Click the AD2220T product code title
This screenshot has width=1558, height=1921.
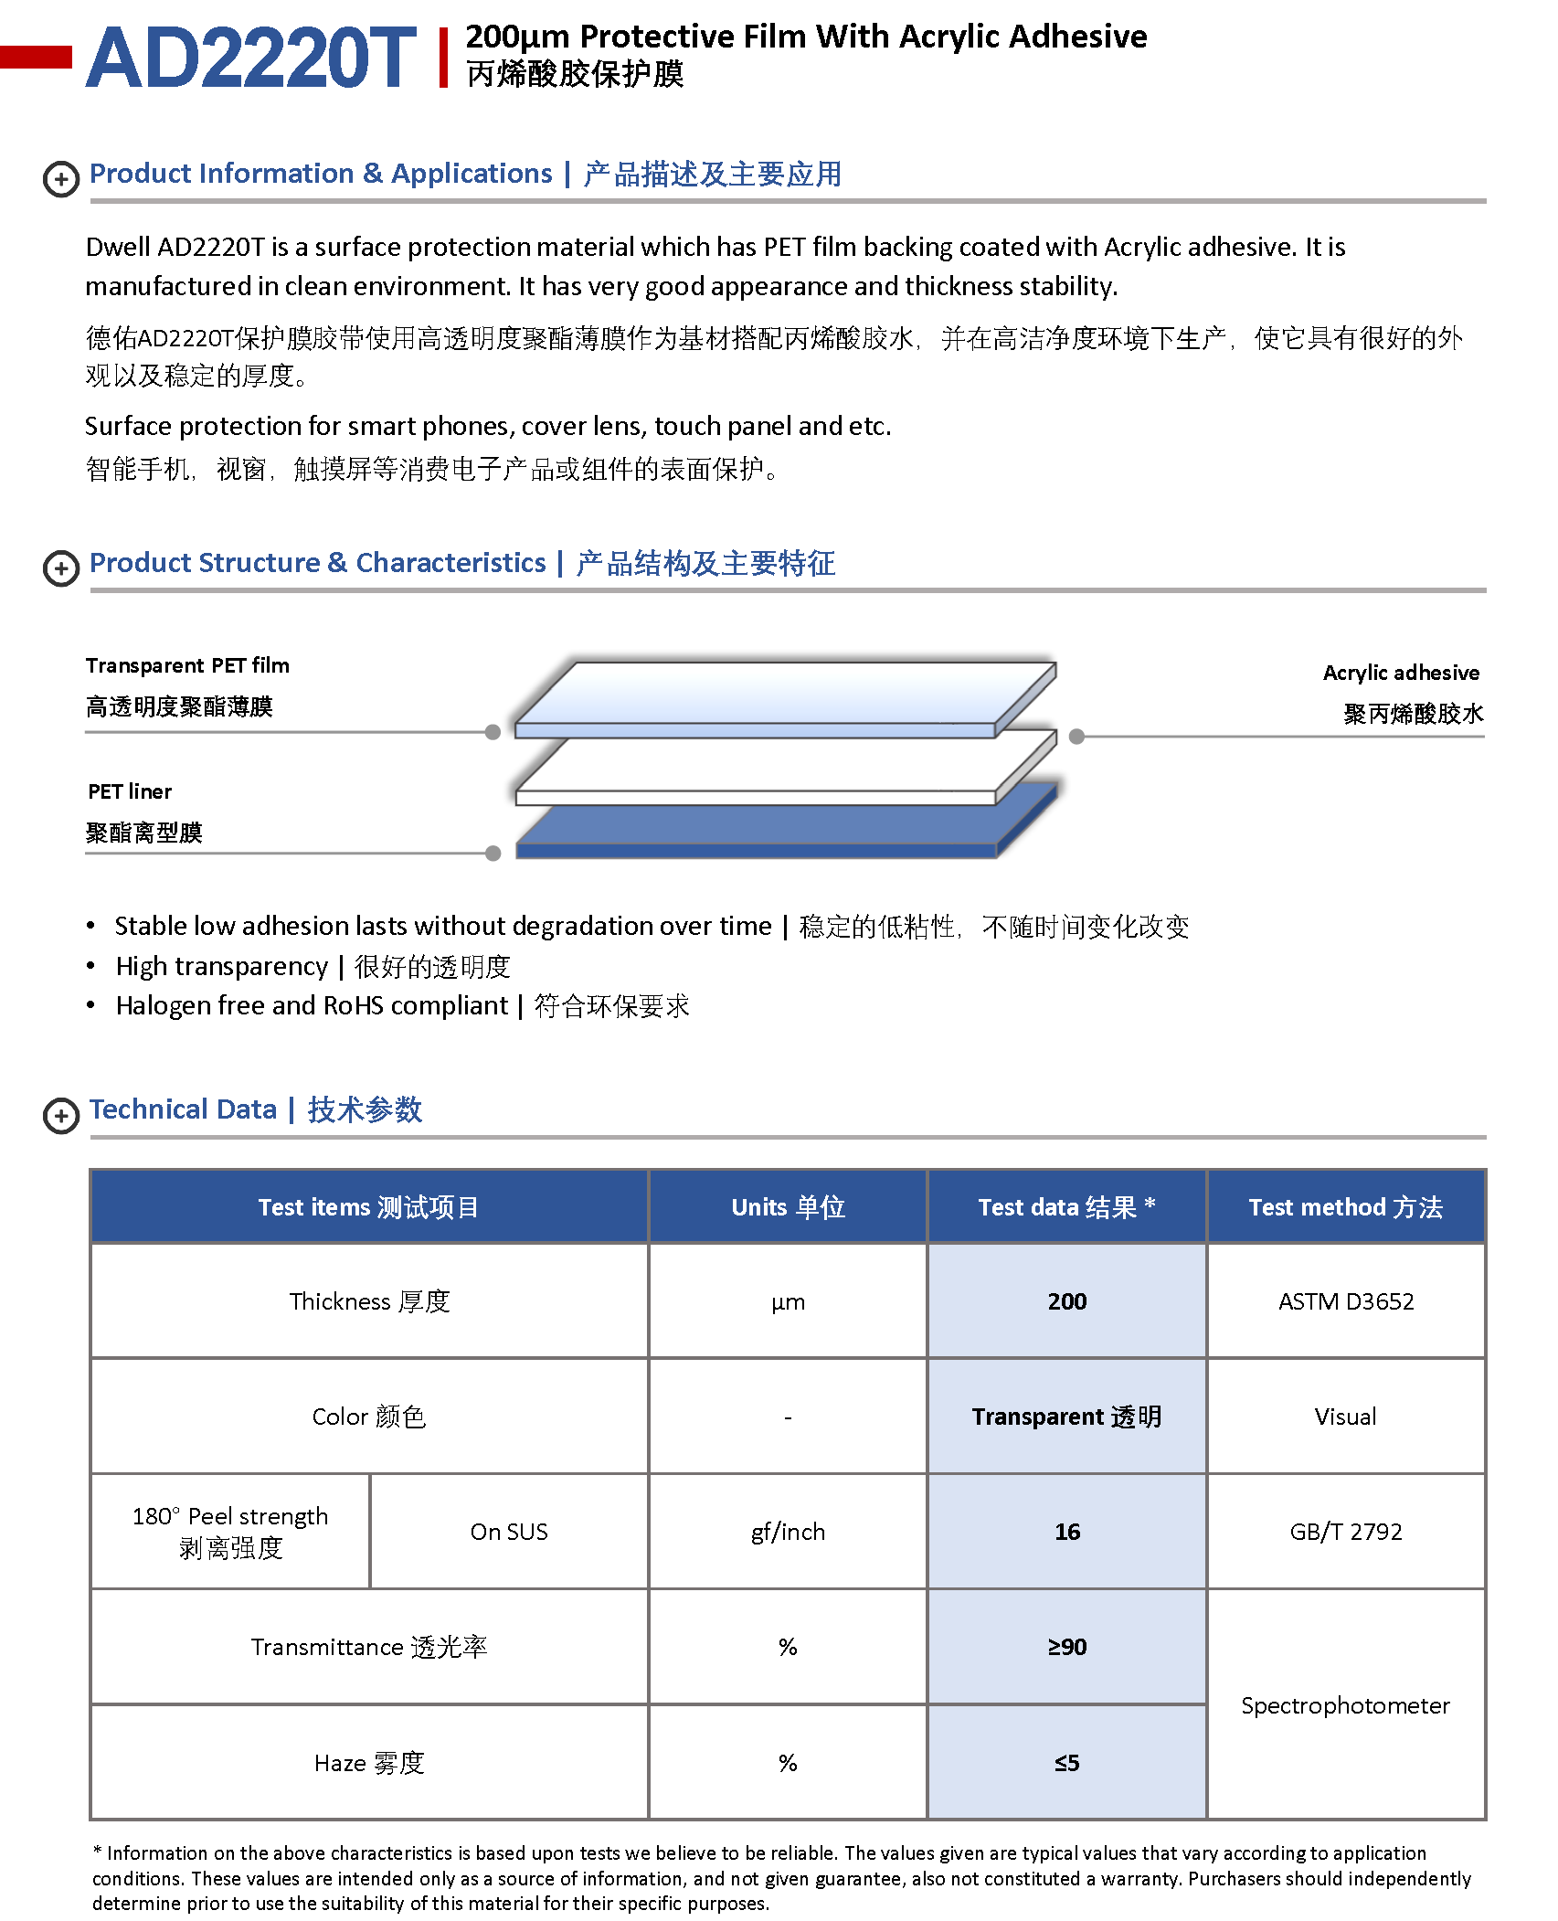[250, 58]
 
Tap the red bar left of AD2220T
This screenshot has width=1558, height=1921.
[36, 57]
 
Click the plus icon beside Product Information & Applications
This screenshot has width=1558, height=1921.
[61, 179]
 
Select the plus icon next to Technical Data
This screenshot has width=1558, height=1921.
[61, 1116]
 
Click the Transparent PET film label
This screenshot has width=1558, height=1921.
[187, 665]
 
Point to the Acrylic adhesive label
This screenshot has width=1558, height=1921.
[1400, 673]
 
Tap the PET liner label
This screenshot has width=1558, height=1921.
[130, 791]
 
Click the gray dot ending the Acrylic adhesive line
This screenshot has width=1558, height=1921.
[1076, 737]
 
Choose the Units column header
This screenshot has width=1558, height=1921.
[788, 1207]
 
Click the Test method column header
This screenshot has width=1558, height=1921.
[1345, 1207]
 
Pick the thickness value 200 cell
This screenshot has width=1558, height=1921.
[1066, 1301]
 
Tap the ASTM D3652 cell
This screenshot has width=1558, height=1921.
[1345, 1301]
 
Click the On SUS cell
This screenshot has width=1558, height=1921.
[509, 1532]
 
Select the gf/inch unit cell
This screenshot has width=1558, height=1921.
[788, 1532]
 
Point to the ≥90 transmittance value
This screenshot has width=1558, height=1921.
[1066, 1647]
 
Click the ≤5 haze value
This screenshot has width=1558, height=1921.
[1066, 1763]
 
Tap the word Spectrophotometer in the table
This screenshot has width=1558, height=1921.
[1345, 1705]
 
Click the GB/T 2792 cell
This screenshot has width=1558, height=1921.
[1345, 1532]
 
